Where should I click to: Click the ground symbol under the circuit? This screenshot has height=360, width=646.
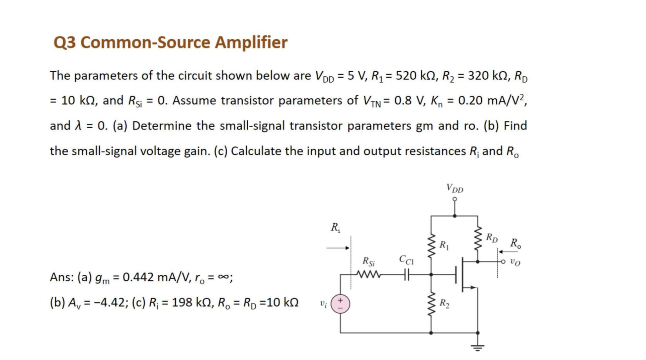tap(478, 347)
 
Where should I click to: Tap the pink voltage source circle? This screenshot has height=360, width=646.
tap(340, 304)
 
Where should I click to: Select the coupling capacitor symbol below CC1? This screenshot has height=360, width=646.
tap(406, 275)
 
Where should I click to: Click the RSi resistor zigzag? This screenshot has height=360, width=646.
tap(368, 275)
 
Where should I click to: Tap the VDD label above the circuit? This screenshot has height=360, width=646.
tap(455, 188)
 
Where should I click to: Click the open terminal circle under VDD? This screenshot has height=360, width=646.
tap(455, 199)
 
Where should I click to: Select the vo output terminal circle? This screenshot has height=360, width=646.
tap(502, 262)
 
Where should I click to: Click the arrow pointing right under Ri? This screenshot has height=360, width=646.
tap(338, 248)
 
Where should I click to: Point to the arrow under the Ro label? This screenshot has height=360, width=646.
tap(507, 252)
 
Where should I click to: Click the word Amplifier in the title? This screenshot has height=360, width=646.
tap(251, 42)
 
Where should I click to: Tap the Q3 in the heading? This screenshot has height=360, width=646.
tap(64, 42)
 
